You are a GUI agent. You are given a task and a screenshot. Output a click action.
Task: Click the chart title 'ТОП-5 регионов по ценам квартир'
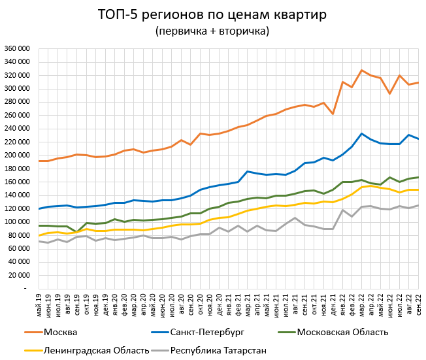(x=212, y=14)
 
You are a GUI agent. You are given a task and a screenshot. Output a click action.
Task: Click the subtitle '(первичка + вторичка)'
(x=212, y=31)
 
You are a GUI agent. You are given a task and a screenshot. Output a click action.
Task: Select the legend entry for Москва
(x=61, y=333)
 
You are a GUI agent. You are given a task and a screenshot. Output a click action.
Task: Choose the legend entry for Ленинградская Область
(x=95, y=351)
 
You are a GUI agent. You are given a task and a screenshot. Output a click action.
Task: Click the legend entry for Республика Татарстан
(x=218, y=351)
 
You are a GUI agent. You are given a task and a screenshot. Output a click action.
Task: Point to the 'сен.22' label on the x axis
(x=418, y=304)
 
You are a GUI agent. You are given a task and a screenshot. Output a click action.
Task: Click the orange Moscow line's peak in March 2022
(x=361, y=70)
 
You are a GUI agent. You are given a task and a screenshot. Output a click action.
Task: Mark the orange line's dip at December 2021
(x=333, y=114)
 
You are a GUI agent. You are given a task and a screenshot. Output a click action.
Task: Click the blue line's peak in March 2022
(x=361, y=133)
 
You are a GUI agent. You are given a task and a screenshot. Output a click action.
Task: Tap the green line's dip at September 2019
(x=78, y=232)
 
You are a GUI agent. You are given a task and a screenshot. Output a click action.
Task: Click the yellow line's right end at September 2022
(x=418, y=189)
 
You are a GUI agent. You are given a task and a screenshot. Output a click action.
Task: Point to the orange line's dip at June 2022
(x=389, y=93)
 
